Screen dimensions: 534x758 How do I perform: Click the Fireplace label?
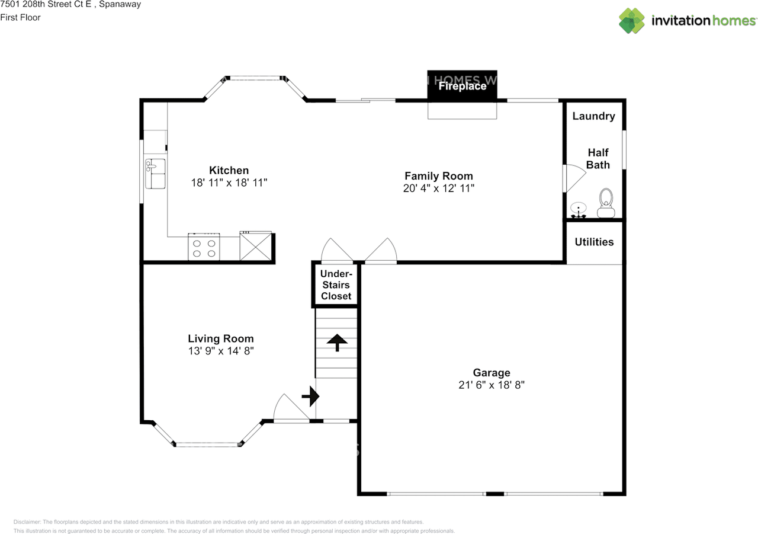point(462,87)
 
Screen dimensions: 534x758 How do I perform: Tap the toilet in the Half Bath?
point(606,203)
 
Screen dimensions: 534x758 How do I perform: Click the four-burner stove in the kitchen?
point(204,247)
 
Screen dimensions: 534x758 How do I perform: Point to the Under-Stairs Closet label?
point(336,285)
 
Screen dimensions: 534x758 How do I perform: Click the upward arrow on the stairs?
point(337,342)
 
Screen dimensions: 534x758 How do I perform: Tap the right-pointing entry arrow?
point(310,396)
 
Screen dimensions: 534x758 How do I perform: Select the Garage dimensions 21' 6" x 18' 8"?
point(491,385)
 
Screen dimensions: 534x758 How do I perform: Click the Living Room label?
point(220,339)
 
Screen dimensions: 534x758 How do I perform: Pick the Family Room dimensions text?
point(438,188)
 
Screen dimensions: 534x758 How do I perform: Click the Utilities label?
point(594,242)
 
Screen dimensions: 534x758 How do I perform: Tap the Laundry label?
point(593,116)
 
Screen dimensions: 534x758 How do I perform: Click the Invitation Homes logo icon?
point(632,21)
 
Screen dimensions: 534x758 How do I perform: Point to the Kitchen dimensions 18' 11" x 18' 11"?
point(229,183)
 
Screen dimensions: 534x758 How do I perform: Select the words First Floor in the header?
point(20,17)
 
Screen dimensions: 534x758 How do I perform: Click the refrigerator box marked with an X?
point(256,247)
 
